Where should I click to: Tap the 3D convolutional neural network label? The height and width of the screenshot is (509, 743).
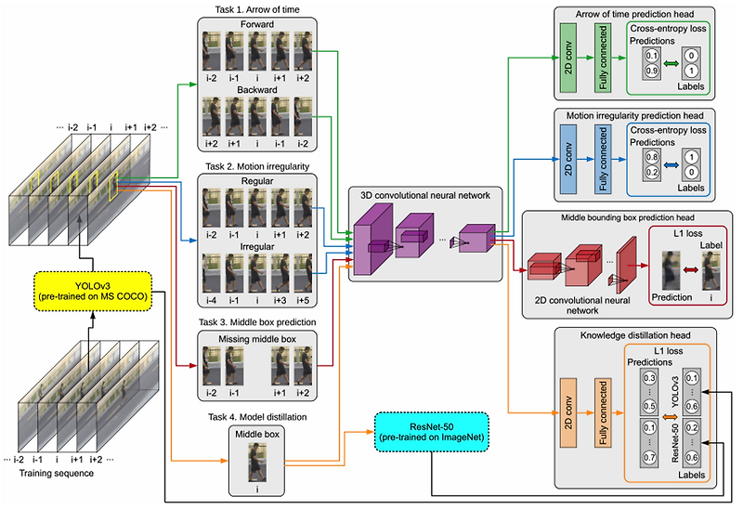coord(426,195)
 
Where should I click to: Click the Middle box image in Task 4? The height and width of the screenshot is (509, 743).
coord(252,462)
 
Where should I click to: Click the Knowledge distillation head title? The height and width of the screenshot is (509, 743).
coord(634,334)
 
